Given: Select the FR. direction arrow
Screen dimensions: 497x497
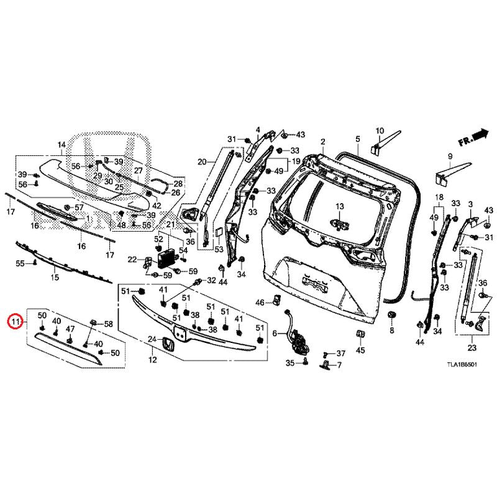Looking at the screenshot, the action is tap(473, 137).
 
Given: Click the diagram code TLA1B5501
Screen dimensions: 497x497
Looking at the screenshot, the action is tap(462, 364).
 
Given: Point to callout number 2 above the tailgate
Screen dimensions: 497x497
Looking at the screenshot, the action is tap(322, 142).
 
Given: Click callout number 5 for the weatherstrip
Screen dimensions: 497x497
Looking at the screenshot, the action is tap(358, 139).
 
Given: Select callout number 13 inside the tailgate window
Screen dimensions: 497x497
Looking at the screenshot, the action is tap(340, 206).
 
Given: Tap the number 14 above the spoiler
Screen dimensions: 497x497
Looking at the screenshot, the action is tap(62, 145).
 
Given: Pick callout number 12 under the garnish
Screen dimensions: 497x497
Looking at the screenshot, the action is tap(153, 360).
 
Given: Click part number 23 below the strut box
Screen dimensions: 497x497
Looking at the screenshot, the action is tap(472, 348).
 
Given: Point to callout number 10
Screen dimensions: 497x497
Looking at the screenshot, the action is tap(380, 130).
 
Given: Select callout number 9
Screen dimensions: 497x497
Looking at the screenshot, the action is tap(450, 157).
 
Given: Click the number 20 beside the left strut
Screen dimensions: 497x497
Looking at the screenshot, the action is tap(202, 162).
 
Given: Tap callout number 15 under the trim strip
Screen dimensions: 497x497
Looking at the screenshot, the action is tap(55, 277).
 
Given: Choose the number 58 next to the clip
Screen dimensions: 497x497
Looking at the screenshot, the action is tap(108, 324).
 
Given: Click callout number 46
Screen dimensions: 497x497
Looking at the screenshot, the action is tap(260, 303).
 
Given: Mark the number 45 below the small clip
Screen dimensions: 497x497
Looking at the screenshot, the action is tap(361, 350).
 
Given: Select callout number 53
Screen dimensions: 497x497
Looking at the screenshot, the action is tap(219, 249).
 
